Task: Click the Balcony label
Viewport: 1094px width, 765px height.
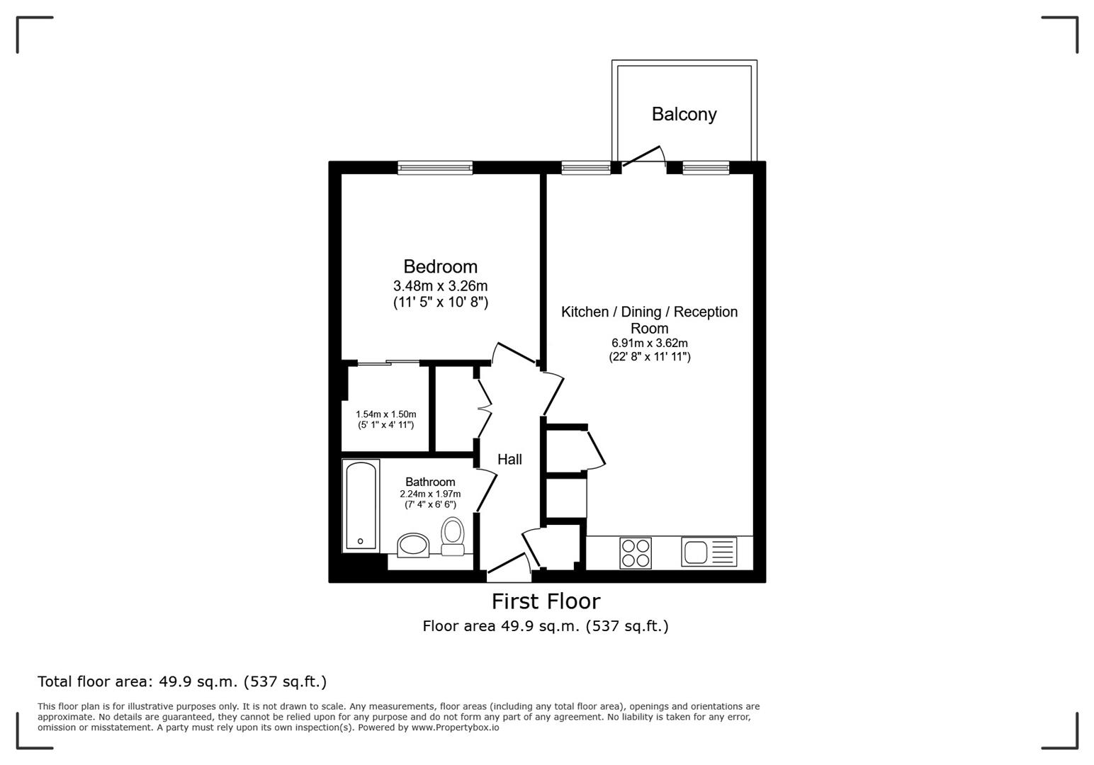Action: pos(684,114)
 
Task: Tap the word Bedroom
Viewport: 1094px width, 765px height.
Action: pos(440,266)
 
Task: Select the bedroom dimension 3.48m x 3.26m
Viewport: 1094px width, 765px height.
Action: pos(440,286)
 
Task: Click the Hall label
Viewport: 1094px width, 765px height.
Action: pos(509,459)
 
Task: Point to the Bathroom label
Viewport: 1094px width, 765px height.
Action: pos(430,482)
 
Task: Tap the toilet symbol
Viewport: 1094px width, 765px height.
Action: pos(452,536)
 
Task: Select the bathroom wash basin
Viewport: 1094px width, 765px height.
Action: pos(412,545)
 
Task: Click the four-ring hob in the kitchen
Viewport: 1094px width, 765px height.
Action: pos(635,552)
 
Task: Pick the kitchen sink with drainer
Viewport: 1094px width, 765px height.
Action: pos(709,552)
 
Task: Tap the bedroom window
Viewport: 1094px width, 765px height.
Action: pos(435,168)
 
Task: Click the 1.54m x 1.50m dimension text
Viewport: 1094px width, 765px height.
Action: pos(385,414)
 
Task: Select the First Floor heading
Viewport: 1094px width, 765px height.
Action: pos(546,601)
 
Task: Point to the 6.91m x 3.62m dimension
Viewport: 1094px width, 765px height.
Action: pos(649,344)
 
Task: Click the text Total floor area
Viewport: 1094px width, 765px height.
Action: pos(94,681)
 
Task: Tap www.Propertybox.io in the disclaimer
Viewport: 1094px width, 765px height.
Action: pos(455,727)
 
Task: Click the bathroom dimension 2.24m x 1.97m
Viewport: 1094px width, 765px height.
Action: pos(430,494)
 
